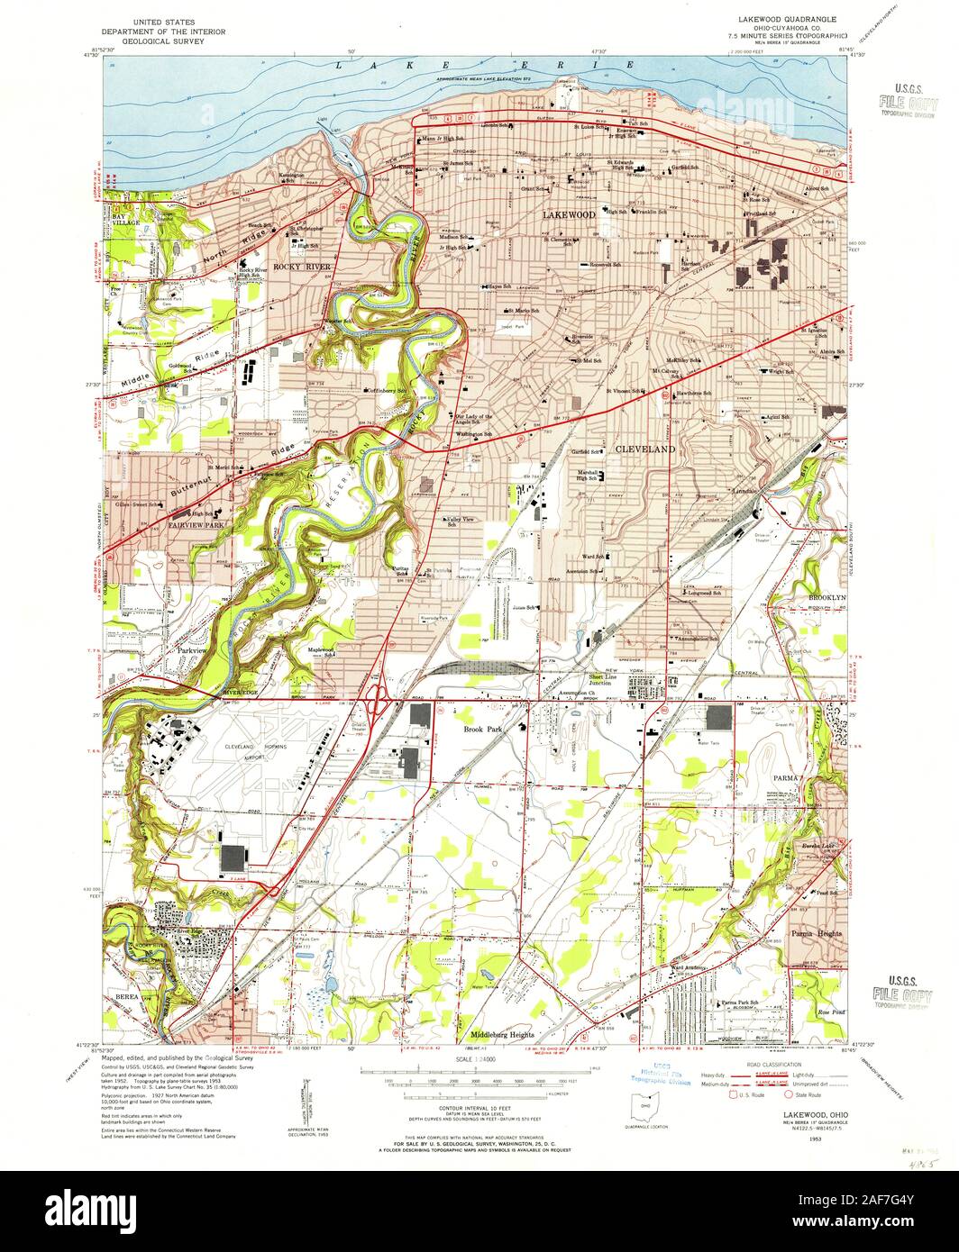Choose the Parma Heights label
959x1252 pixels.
point(817,934)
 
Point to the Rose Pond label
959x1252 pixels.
point(828,1012)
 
